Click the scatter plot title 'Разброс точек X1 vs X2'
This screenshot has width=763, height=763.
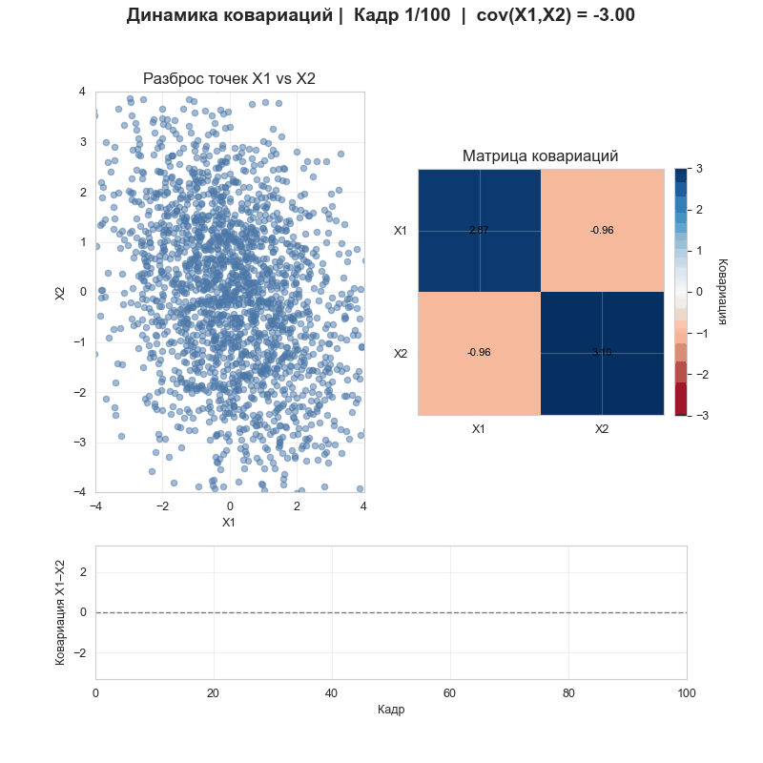click(x=229, y=79)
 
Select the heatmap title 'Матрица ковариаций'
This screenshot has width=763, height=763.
click(x=540, y=155)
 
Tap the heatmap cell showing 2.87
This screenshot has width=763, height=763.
click(x=479, y=230)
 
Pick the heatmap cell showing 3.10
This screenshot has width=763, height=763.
click(x=602, y=353)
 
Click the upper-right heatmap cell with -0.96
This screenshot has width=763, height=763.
click(x=602, y=230)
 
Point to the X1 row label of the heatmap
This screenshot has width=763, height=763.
click(x=401, y=231)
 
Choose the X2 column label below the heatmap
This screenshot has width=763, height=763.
click(x=602, y=429)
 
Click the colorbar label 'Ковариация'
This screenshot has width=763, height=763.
click(x=722, y=292)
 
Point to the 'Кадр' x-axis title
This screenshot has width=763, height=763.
click(x=391, y=710)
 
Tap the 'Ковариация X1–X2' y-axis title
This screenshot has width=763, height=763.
click(x=61, y=612)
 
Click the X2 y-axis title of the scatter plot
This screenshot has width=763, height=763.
click(x=61, y=292)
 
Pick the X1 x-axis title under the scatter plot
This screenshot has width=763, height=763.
click(x=229, y=523)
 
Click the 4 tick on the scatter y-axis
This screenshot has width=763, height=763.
click(x=83, y=93)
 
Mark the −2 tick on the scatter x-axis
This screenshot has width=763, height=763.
click(x=162, y=505)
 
